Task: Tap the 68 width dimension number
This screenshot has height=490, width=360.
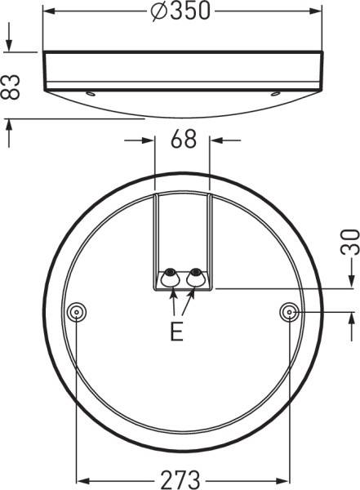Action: [x=183, y=140]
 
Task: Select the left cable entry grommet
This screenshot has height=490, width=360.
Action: [x=171, y=278]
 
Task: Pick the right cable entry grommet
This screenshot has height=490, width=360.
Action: [x=195, y=278]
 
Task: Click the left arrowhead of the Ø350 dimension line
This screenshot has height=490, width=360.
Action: [x=49, y=11]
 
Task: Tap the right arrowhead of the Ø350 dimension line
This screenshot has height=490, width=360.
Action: [x=317, y=11]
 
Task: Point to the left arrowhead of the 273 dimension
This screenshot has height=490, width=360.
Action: [x=82, y=479]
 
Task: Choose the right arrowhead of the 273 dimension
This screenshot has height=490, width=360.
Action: [x=284, y=479]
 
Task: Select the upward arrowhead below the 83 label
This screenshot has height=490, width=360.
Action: [x=11, y=124]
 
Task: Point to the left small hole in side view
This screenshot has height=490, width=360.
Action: [x=92, y=92]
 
